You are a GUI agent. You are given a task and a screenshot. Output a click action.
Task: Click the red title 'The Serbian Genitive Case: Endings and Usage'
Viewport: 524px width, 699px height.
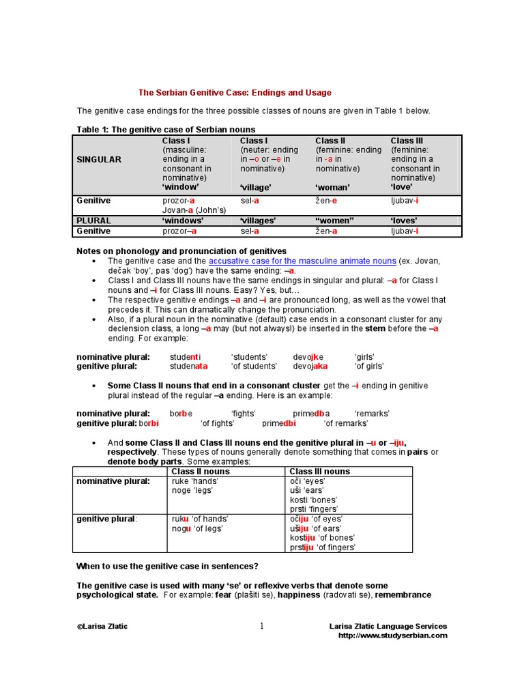tap(235, 93)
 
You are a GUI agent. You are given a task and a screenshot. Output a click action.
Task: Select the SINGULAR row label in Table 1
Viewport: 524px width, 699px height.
tap(99, 159)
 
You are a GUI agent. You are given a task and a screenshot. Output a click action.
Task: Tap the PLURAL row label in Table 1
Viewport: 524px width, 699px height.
tap(93, 220)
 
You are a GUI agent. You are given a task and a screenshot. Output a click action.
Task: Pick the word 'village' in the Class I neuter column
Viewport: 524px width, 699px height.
tap(255, 187)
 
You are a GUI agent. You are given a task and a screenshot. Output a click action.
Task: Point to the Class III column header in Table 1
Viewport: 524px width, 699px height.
tap(407, 141)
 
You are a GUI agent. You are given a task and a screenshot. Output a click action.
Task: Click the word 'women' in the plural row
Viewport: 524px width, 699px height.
tap(335, 220)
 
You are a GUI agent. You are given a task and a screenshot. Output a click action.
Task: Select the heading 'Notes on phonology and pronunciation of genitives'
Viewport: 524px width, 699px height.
tap(181, 251)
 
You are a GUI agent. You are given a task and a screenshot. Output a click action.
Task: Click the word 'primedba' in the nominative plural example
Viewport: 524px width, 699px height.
tap(311, 414)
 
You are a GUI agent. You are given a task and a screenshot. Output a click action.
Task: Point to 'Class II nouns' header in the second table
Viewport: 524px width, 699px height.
tap(201, 471)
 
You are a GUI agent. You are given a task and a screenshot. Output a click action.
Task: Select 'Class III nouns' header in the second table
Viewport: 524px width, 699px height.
tap(319, 471)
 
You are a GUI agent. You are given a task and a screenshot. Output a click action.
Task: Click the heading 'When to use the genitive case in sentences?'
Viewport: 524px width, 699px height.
tap(167, 566)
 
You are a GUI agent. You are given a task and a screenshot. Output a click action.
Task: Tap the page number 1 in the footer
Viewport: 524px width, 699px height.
tap(261, 627)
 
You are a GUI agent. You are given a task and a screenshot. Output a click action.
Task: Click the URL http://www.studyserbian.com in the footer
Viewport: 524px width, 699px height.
tap(393, 636)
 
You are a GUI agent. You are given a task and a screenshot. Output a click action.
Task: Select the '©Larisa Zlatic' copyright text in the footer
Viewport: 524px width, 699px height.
tap(102, 626)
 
